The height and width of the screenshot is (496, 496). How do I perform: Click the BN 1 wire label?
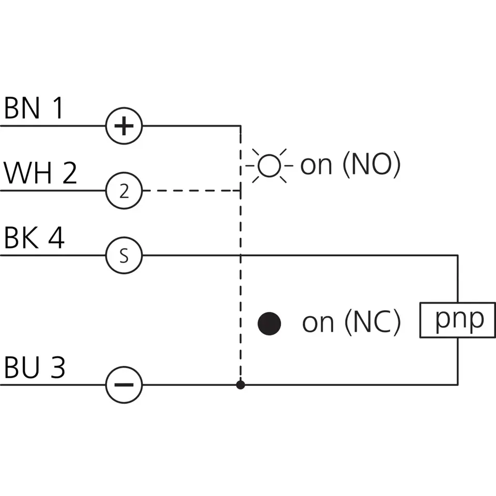coord(34,109)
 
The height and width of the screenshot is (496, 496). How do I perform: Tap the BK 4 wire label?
coord(34,238)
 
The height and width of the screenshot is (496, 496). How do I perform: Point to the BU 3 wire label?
coord(35,368)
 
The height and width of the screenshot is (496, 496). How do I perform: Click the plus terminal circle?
coord(124,126)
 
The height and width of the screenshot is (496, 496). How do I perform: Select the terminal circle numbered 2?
coord(124,191)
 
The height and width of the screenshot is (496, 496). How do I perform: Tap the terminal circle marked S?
coord(124,256)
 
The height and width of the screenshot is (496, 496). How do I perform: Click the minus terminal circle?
coord(124,385)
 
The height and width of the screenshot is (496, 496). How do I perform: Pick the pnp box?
coord(458,320)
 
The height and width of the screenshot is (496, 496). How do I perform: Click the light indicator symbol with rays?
coord(269,165)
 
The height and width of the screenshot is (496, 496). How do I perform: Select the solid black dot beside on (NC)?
coord(269,323)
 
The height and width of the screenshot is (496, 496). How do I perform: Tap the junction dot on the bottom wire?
coord(240,385)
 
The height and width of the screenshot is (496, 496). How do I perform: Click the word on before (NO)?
coord(316,166)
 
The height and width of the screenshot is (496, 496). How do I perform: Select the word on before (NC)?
coord(317,324)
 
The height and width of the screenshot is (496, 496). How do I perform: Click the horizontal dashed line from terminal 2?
coord(191,191)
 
